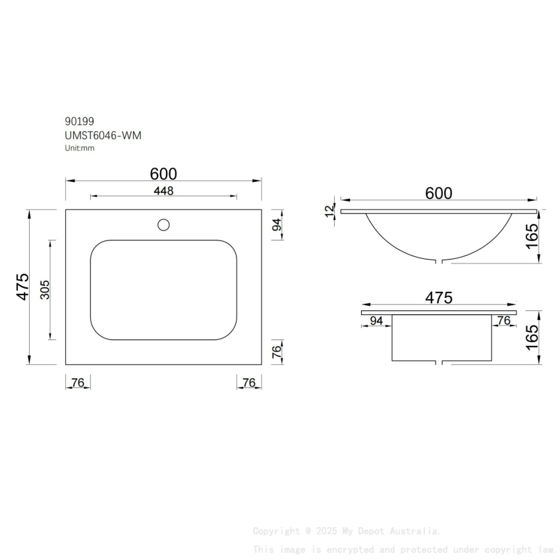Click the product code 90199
(x=79, y=121)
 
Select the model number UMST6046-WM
(x=103, y=135)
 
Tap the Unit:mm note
(x=80, y=148)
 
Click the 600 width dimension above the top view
(x=163, y=174)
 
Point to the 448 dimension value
(x=163, y=191)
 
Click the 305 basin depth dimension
(x=45, y=290)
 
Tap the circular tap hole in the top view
(x=163, y=225)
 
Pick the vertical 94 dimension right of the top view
(x=277, y=225)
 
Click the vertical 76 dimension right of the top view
(x=277, y=352)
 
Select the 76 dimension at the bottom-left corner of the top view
(x=78, y=383)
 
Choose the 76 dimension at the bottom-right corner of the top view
(x=249, y=383)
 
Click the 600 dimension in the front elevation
(x=439, y=193)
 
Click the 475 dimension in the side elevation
(x=439, y=298)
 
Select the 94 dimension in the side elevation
(x=376, y=321)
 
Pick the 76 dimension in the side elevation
(x=503, y=321)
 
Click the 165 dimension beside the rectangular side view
(x=532, y=337)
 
